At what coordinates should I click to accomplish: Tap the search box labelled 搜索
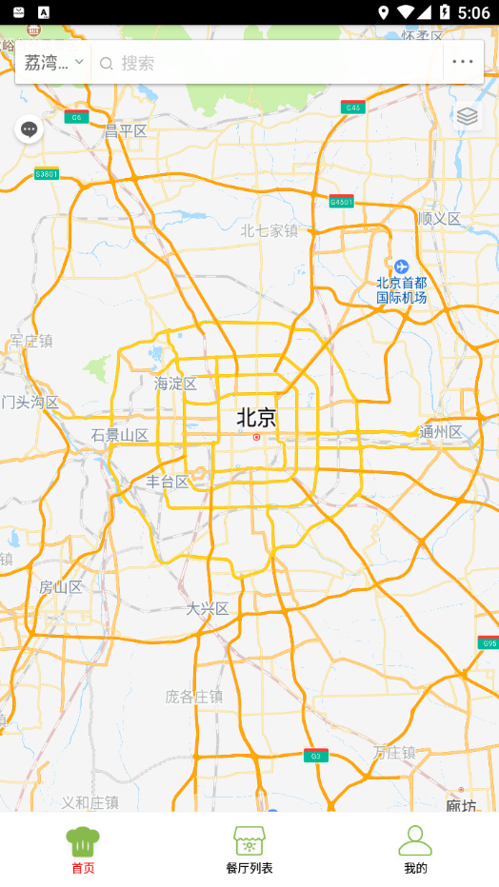[x=267, y=63]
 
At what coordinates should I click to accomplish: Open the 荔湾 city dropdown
[x=53, y=63]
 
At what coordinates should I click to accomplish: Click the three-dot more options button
[x=463, y=63]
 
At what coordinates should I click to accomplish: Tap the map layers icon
[x=467, y=116]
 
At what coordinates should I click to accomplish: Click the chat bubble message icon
[x=30, y=129]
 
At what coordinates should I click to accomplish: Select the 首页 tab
[x=83, y=850]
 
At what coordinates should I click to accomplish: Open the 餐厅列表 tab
[x=249, y=850]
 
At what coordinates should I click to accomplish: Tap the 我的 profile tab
[x=415, y=850]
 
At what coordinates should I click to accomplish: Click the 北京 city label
[x=256, y=418]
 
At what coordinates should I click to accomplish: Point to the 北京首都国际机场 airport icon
[x=401, y=266]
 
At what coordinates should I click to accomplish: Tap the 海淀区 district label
[x=175, y=384]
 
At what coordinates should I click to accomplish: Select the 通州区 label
[x=441, y=432]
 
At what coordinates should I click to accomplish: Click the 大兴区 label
[x=208, y=609]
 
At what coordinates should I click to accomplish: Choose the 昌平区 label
[x=126, y=131]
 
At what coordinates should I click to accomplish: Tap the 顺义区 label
[x=439, y=219]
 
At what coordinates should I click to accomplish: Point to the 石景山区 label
[x=120, y=436]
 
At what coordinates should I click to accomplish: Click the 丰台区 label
[x=168, y=483]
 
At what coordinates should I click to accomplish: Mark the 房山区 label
[x=61, y=587]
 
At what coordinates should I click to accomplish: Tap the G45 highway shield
[x=353, y=108]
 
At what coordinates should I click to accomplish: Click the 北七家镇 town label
[x=269, y=230]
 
